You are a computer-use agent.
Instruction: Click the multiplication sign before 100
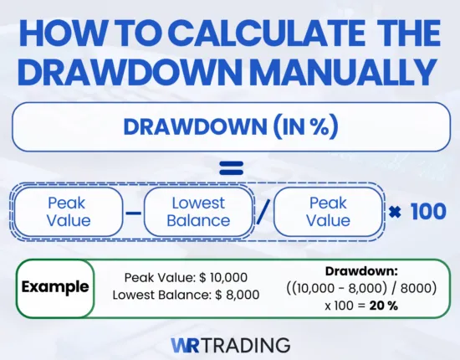[394, 213]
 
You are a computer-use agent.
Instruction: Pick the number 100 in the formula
[428, 212]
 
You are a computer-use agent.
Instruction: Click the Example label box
[56, 287]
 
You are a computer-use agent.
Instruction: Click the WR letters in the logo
[187, 343]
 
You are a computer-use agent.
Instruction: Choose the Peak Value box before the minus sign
[67, 212]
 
